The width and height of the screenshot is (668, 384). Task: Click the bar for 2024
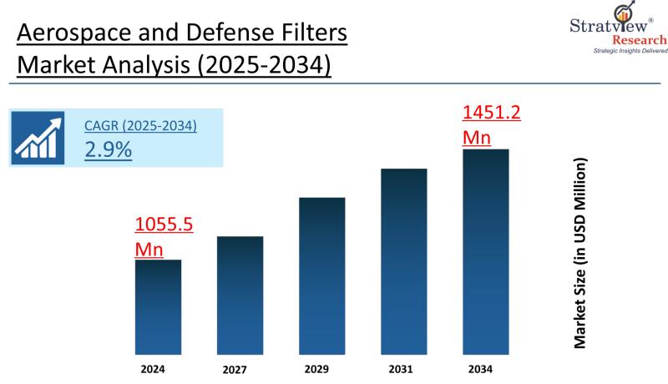pyautogui.click(x=158, y=307)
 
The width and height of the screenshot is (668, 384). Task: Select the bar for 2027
pyautogui.click(x=240, y=296)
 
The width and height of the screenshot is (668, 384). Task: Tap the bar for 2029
pyautogui.click(x=321, y=276)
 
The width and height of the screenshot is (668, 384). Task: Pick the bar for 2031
pyautogui.click(x=403, y=262)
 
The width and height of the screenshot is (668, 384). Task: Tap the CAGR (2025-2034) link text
pyautogui.click(x=140, y=126)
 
